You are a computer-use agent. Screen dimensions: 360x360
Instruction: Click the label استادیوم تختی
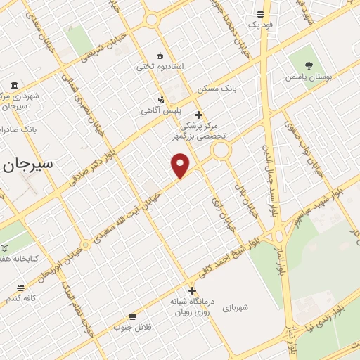(x=160, y=66)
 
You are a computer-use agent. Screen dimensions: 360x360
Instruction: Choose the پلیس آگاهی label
(x=161, y=111)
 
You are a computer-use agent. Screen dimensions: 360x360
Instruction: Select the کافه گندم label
(x=20, y=299)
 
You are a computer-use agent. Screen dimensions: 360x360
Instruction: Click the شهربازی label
(x=236, y=307)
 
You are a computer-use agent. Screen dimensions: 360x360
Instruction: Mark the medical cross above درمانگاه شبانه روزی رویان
(x=192, y=290)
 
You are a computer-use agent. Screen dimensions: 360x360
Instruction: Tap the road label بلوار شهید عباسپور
(x=314, y=200)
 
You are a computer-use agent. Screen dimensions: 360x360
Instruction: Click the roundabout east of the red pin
(x=221, y=149)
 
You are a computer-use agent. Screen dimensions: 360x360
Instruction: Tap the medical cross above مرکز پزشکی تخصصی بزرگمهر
(x=198, y=115)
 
